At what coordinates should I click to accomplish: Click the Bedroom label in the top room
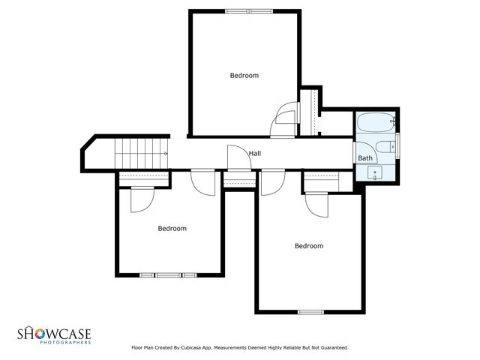(244, 75)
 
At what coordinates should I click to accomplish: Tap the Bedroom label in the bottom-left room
(172, 228)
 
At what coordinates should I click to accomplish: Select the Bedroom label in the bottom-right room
(309, 246)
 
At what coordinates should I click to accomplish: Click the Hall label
(255, 154)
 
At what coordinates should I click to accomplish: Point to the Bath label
(365, 158)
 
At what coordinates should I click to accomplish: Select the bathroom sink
(375, 173)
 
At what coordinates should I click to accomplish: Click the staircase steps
(139, 153)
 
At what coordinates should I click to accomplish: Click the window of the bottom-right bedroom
(309, 311)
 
